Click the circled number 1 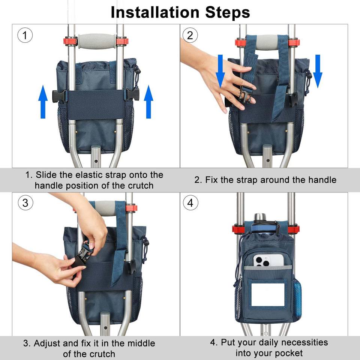tap(25, 35)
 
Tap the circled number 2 tap(190, 35)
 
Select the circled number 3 tap(25, 202)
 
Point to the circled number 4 tap(190, 202)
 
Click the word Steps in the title tap(228, 13)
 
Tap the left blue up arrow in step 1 tap(43, 102)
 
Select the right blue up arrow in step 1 tap(148, 102)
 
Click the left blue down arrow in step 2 tap(220, 71)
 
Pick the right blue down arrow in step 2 tap(318, 71)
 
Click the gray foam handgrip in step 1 tap(97, 41)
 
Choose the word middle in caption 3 tap(141, 343)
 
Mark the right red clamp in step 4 tap(293, 229)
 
